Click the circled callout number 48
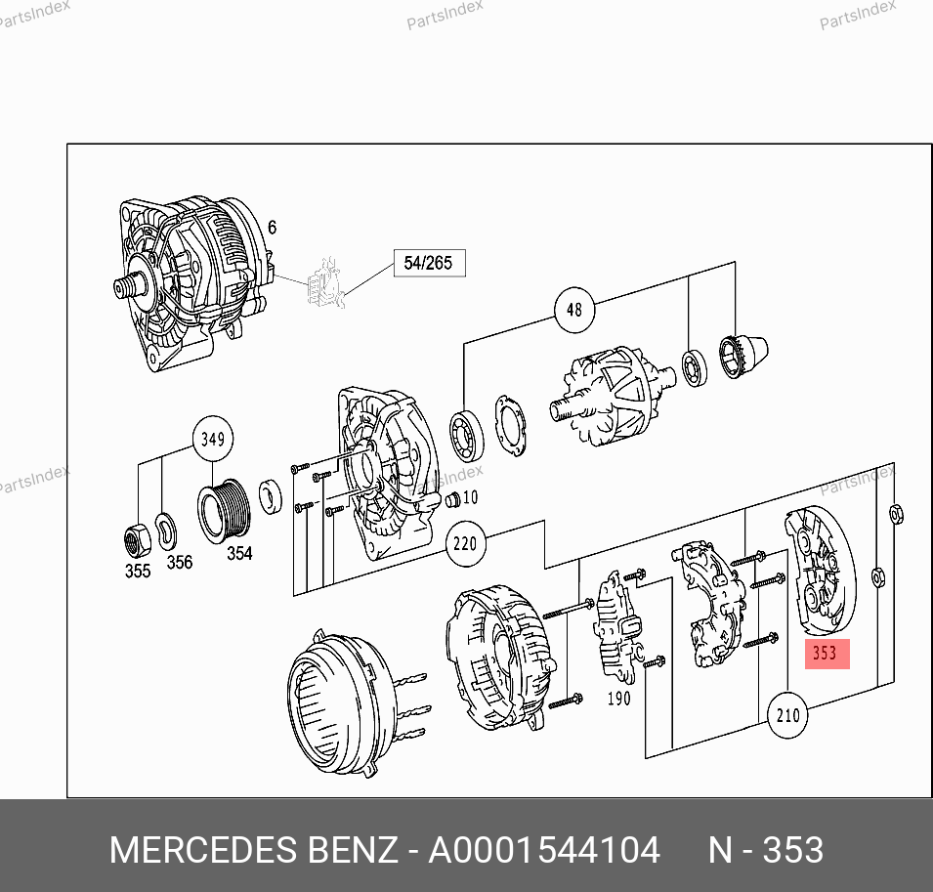click(x=574, y=310)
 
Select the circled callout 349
click(x=212, y=439)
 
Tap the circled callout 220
click(x=465, y=543)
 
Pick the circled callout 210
click(x=787, y=714)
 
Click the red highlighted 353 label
click(x=827, y=654)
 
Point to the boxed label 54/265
click(x=429, y=263)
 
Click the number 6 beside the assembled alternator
click(x=272, y=228)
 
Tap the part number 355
click(x=138, y=571)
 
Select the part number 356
click(x=179, y=562)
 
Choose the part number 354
click(x=239, y=553)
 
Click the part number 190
click(x=618, y=698)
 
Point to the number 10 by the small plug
click(x=470, y=497)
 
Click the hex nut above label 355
click(x=137, y=539)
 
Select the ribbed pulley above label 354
click(x=224, y=511)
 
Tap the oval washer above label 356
click(x=166, y=531)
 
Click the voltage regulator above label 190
click(x=617, y=625)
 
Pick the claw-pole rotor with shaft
click(x=613, y=395)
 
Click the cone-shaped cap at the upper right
click(x=743, y=356)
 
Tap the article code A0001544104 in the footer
click(x=544, y=850)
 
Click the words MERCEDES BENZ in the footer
click(x=253, y=850)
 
